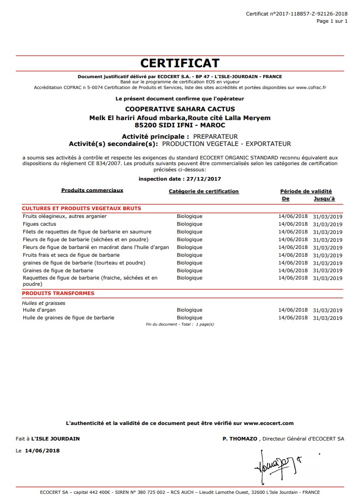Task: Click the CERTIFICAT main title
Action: (180, 63)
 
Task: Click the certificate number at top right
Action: (297, 13)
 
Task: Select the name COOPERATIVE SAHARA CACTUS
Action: (180, 109)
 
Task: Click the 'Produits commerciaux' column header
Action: (92, 190)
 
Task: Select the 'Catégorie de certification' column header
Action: (204, 192)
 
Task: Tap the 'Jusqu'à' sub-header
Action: (324, 199)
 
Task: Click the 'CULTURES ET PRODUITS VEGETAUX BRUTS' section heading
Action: (81, 209)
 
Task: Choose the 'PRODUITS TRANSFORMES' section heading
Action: (58, 293)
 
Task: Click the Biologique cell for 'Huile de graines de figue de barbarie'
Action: (190, 317)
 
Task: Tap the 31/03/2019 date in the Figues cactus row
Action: (328, 225)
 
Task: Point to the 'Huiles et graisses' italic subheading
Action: (44, 303)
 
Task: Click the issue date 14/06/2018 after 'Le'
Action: (42, 451)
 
